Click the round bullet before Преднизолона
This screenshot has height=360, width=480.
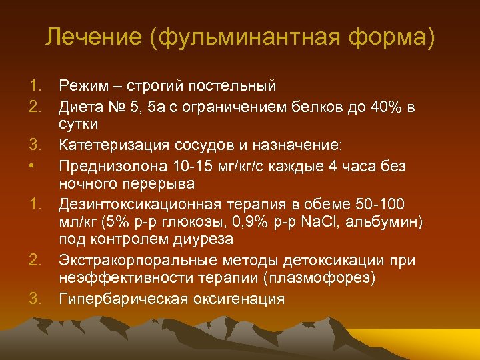tap(33, 163)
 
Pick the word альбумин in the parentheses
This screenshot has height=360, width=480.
tap(399, 221)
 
